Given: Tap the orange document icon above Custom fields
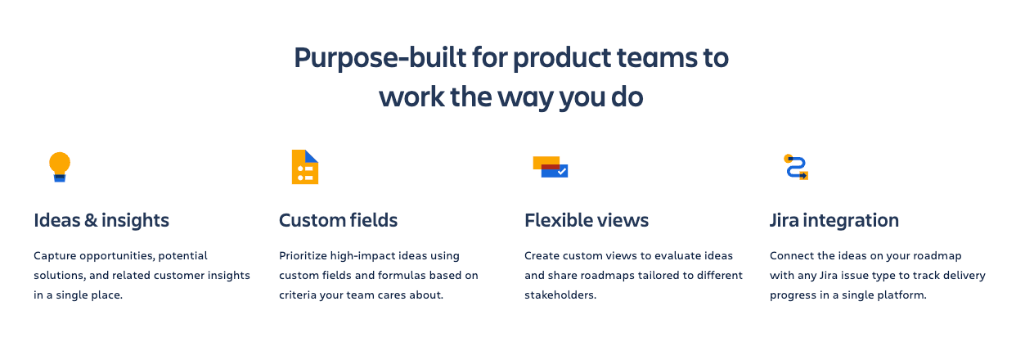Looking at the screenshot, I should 304,167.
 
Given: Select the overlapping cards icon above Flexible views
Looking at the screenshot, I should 550,166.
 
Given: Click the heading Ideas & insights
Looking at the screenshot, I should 101,220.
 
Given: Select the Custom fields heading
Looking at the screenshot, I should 338,220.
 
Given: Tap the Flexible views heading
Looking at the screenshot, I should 586,220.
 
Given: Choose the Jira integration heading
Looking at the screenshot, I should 834,220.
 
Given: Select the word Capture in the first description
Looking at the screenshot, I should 55,256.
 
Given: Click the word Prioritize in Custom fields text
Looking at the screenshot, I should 306,256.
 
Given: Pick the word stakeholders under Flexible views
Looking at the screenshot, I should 560,295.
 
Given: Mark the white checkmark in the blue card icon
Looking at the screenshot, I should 561,172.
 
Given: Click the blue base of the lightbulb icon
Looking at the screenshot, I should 60,177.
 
